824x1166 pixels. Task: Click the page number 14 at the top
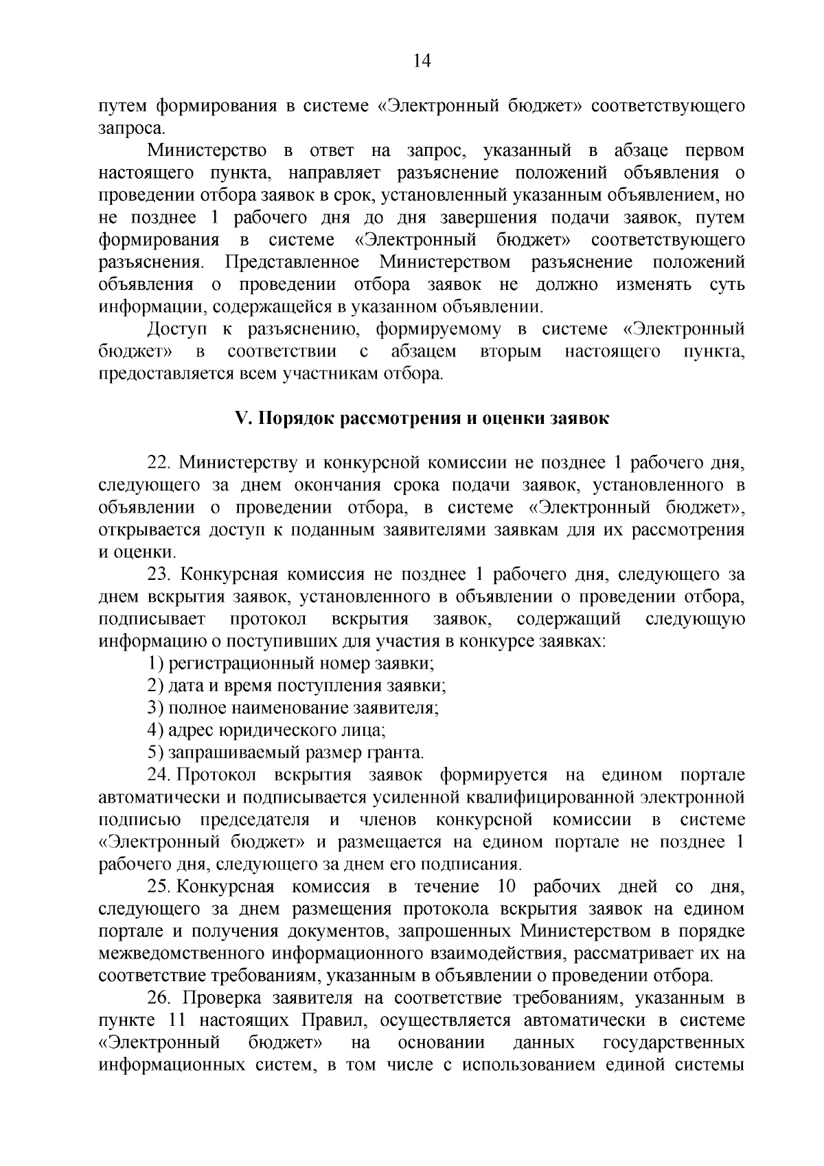(422, 62)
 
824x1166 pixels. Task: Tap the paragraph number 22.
(159, 463)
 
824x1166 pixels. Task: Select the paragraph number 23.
(159, 574)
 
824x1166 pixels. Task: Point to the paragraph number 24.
(159, 775)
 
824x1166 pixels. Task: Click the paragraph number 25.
(159, 887)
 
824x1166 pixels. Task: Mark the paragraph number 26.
(159, 998)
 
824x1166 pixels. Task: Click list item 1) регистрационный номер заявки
(291, 664)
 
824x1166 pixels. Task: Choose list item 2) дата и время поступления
(297, 686)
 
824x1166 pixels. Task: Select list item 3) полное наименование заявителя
(293, 708)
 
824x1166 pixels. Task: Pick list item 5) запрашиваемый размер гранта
(286, 753)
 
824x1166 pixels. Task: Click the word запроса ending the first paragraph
(122, 128)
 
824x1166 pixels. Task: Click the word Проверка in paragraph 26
(220, 998)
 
